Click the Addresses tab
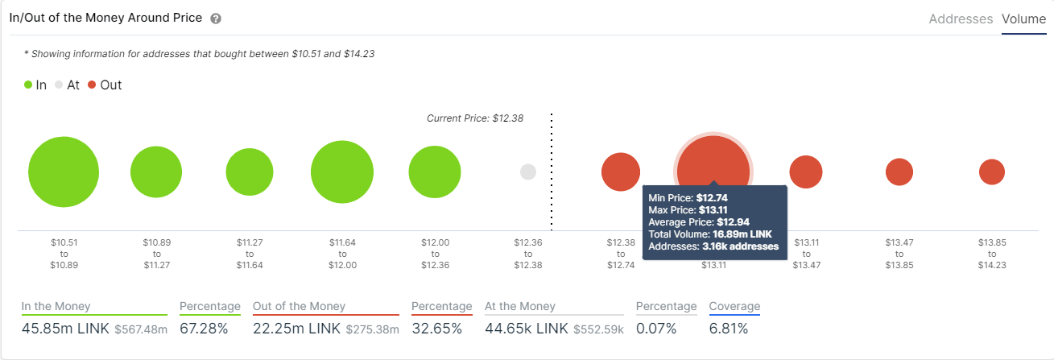click(x=961, y=19)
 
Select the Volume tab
click(x=1023, y=19)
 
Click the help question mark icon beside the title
click(x=216, y=19)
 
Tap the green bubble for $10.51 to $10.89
click(x=64, y=172)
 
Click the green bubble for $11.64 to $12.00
click(x=342, y=172)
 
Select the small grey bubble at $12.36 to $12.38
click(x=528, y=172)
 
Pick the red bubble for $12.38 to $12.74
click(x=621, y=172)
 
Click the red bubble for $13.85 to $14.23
click(x=992, y=172)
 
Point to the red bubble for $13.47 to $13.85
click(x=899, y=172)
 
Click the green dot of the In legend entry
click(x=28, y=85)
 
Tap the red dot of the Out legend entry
click(x=93, y=85)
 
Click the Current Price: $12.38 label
click(x=475, y=118)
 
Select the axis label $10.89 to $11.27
click(x=156, y=253)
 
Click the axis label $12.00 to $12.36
click(x=435, y=253)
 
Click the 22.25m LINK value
click(x=296, y=329)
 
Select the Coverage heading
click(x=734, y=306)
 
